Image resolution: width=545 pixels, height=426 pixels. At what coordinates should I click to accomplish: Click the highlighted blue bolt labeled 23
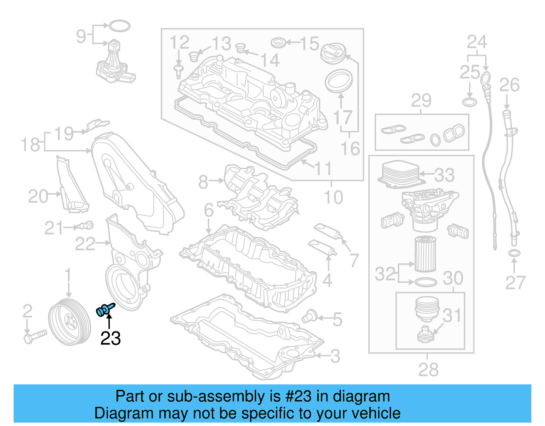pos(105,309)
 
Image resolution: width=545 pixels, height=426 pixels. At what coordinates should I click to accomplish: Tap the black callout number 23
pos(110,338)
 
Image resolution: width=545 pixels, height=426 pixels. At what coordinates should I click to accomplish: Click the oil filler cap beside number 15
pos(333,53)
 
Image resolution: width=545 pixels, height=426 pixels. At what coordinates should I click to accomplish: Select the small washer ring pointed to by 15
pos(278,43)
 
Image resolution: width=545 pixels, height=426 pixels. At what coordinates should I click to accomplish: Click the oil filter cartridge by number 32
pos(425,254)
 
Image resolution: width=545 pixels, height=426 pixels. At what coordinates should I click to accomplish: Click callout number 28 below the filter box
pos(428,369)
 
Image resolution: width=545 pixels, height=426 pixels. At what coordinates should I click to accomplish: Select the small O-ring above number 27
pos(514,253)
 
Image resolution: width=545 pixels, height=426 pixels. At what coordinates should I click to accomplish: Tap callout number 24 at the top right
pos(477,42)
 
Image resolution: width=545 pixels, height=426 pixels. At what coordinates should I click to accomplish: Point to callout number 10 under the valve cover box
pos(333,197)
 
